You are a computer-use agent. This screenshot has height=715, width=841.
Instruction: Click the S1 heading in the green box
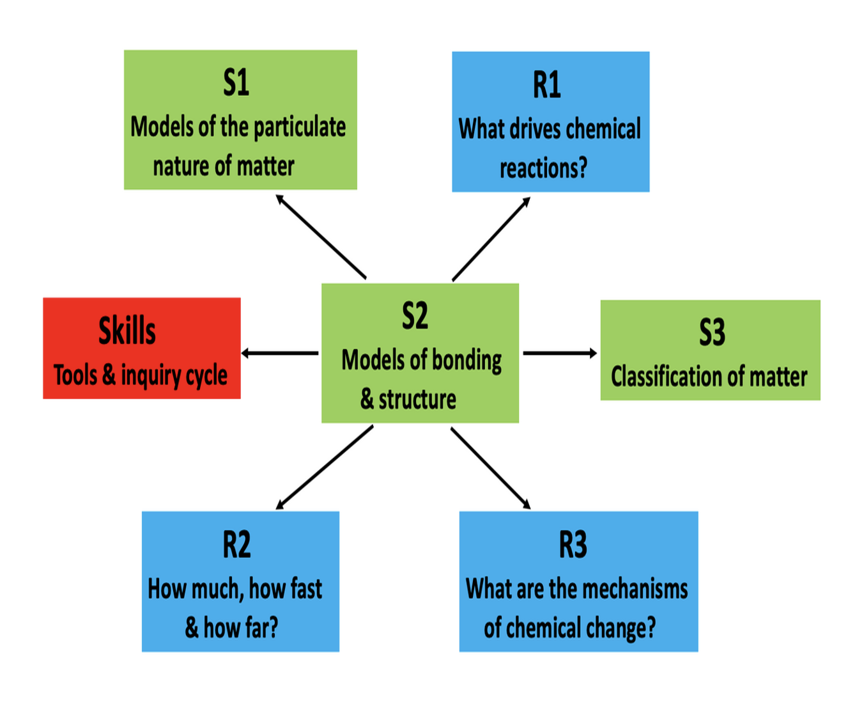coord(236,82)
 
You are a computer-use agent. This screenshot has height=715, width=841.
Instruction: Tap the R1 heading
coord(547,84)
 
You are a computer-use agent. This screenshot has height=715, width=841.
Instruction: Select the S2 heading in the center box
coord(415,315)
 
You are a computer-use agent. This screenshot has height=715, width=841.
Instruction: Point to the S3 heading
coord(712,333)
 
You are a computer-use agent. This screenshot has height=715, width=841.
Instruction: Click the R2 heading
coord(236,545)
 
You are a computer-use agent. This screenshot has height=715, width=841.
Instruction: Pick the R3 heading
coord(573,545)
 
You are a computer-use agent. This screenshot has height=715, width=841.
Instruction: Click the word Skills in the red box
coord(127,331)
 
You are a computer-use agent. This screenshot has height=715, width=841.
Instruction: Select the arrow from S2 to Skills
coord(280,353)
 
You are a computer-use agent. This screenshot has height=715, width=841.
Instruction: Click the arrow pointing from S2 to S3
coord(560,353)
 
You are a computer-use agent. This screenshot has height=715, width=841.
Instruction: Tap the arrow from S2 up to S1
coord(321,237)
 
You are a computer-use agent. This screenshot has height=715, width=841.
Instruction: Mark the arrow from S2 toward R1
coord(491,239)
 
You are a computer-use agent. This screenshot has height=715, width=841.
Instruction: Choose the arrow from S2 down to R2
coord(324,467)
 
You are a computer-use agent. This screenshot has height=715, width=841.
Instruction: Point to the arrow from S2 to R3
coord(490,468)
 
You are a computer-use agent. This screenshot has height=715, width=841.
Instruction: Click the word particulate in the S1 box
coord(300,127)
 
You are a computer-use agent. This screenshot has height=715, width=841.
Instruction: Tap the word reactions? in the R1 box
coord(544,168)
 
